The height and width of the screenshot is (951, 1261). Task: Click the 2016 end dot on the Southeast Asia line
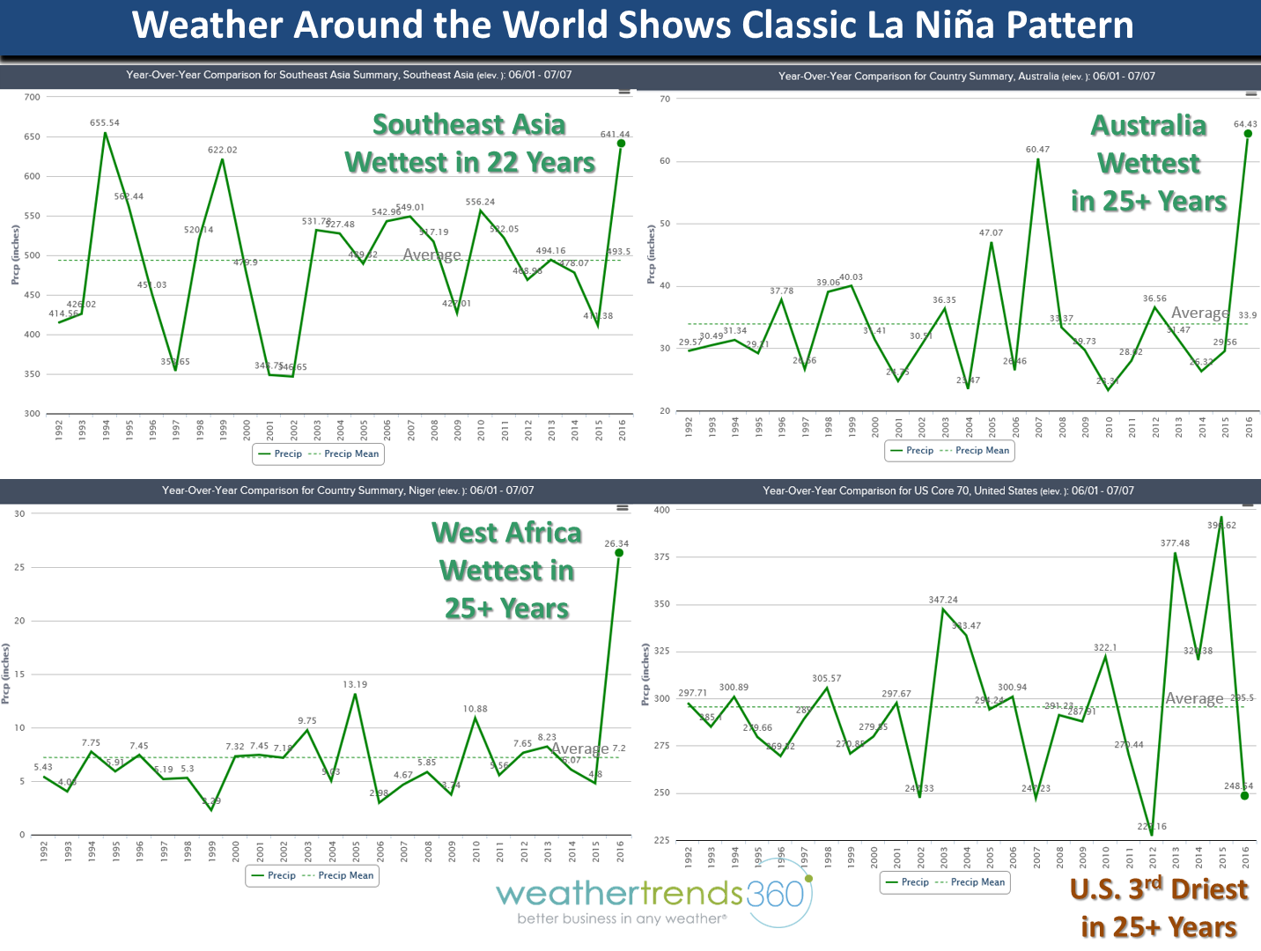[621, 144]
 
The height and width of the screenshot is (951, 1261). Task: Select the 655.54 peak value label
[105, 123]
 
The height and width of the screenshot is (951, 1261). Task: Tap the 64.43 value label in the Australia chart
[1245, 124]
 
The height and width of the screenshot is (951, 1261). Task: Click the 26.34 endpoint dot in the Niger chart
[619, 553]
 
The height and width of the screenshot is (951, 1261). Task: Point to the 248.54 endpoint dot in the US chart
[1244, 795]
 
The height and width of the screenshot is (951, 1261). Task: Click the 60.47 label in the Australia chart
[1037, 150]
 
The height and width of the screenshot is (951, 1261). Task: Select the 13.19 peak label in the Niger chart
[355, 684]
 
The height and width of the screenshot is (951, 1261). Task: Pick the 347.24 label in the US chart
[943, 600]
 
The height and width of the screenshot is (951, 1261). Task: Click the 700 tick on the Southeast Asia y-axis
[33, 97]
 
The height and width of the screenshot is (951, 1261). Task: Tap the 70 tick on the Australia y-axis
[665, 99]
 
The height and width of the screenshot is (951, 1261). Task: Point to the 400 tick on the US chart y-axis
[661, 510]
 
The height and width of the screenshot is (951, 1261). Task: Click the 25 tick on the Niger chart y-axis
[19, 567]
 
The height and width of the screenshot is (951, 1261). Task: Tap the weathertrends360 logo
[652, 900]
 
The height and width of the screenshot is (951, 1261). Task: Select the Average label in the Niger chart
[579, 748]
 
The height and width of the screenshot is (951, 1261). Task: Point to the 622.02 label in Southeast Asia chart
[223, 150]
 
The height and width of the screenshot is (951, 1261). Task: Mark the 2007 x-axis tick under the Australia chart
[1039, 427]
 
